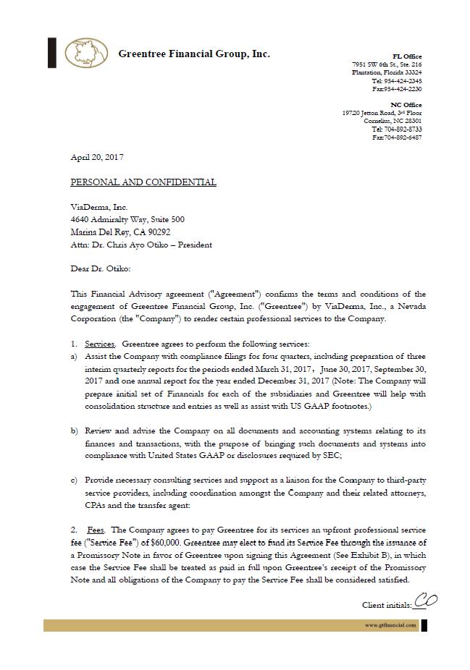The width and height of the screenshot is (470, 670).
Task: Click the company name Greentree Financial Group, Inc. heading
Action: click(x=193, y=54)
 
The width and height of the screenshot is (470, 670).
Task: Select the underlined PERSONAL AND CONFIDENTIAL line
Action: click(x=143, y=182)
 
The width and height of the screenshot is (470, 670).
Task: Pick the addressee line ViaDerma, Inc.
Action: click(x=99, y=208)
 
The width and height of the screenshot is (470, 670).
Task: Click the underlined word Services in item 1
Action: click(x=99, y=344)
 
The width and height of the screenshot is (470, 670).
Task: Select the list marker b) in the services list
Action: click(x=74, y=431)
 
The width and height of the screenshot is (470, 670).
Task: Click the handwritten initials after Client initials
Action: click(x=426, y=601)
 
